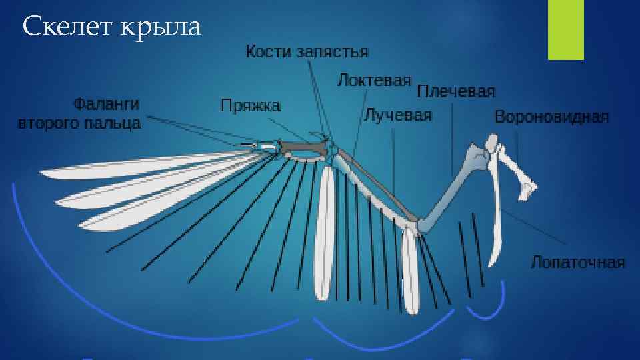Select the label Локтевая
[x=373, y=81]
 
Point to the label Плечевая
[x=456, y=91]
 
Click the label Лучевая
[x=398, y=115]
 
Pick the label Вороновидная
[x=551, y=117]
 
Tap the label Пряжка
[x=251, y=105]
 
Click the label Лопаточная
[x=577, y=262]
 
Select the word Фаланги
[x=106, y=104]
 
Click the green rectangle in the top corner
[x=565, y=30]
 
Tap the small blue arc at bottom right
[x=485, y=309]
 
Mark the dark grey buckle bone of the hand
[x=300, y=148]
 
